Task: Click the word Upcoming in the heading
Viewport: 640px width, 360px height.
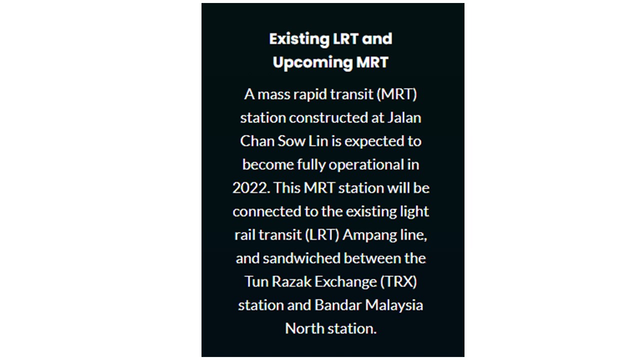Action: (312, 63)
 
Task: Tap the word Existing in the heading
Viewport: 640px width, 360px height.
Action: (299, 39)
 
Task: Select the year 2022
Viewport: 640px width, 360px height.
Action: (251, 188)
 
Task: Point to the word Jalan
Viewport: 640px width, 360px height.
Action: (404, 117)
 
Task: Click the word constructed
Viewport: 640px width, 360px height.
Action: (328, 117)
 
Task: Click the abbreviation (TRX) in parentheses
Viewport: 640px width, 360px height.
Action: (399, 282)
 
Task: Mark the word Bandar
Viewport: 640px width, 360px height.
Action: (338, 305)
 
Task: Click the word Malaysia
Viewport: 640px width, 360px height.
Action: (394, 305)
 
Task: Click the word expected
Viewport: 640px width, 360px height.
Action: (373, 141)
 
